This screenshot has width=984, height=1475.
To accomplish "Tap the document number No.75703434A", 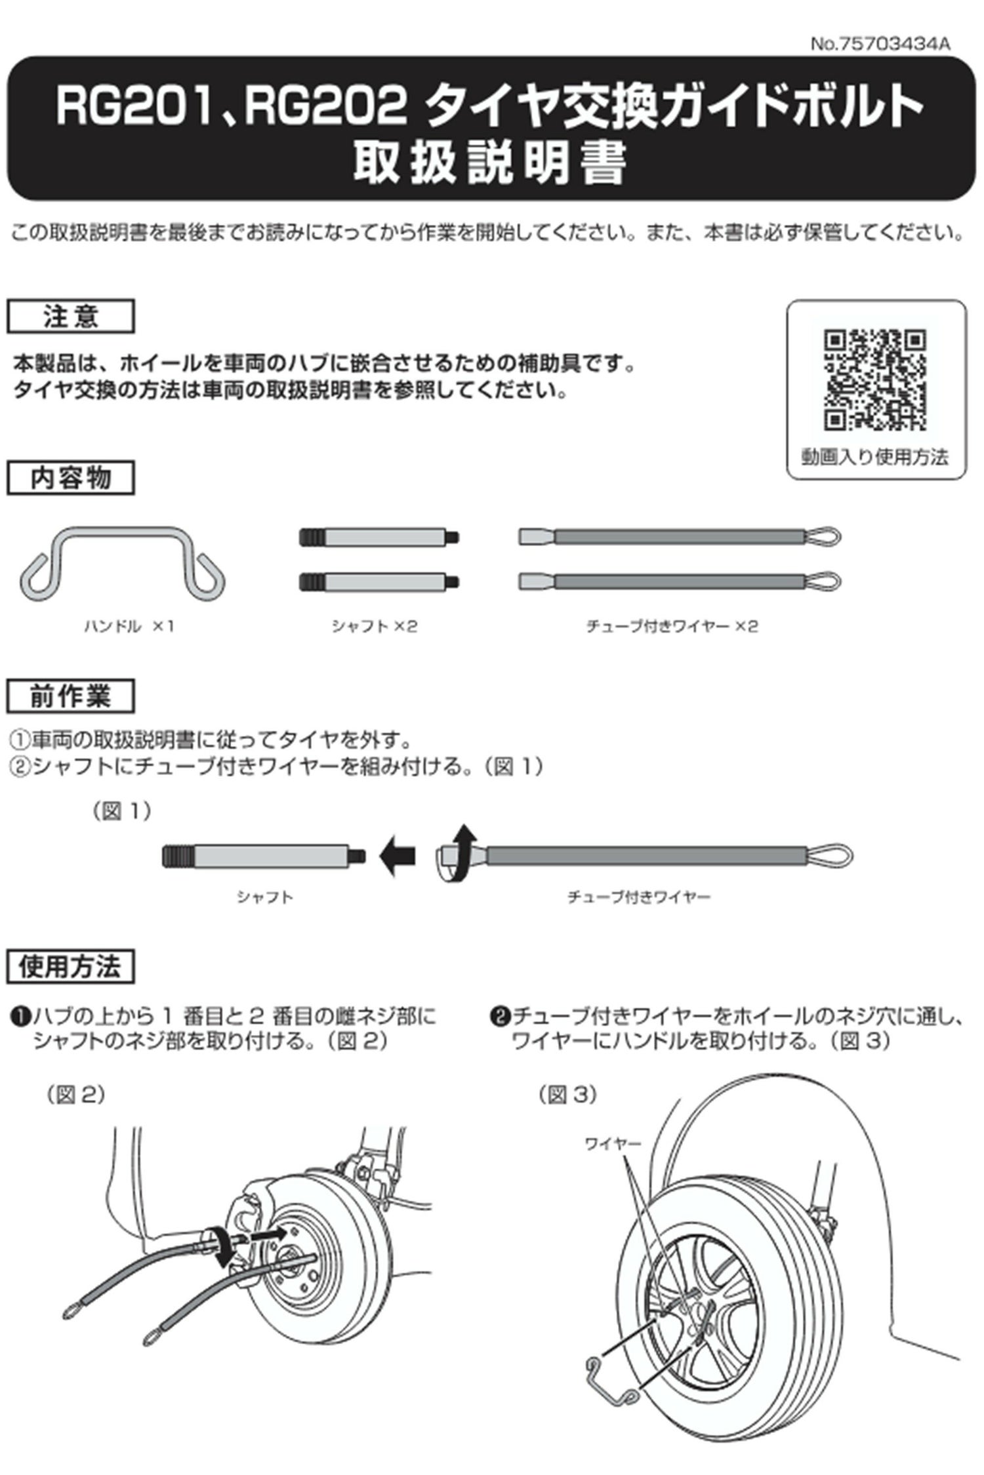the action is pos(880,44).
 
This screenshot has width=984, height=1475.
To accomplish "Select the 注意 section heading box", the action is pos(71,317).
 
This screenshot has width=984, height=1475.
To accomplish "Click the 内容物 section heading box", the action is pos(71,478).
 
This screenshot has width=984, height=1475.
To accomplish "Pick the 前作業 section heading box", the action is pos(71,696).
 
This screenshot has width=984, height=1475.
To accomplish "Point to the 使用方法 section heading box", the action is pos(71,967).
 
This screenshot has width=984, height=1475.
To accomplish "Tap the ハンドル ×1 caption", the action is pos(129,627).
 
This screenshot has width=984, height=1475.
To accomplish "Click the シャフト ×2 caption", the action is pos(374,627).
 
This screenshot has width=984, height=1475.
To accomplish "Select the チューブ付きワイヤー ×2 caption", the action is pos(672,627).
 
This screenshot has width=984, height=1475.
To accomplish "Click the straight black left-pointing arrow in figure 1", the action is pos(398,855).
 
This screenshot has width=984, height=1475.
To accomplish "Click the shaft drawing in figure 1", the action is pos(263,855).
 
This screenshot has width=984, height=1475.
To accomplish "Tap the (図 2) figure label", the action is pos(75,1095).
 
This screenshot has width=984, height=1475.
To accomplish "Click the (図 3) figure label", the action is pos(567,1095).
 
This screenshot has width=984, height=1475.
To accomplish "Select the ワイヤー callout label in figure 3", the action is pos(613,1144).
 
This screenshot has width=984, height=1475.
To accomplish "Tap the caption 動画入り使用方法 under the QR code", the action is pos(875,457).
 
